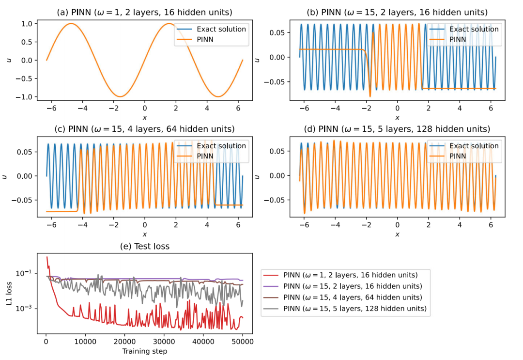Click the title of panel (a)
point(144,12)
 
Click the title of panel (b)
point(397,12)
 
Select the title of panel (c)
point(144,129)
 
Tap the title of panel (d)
point(397,129)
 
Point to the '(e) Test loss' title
point(144,246)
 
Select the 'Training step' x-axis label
point(144,351)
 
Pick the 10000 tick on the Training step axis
point(85,342)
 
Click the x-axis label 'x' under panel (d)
point(397,235)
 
